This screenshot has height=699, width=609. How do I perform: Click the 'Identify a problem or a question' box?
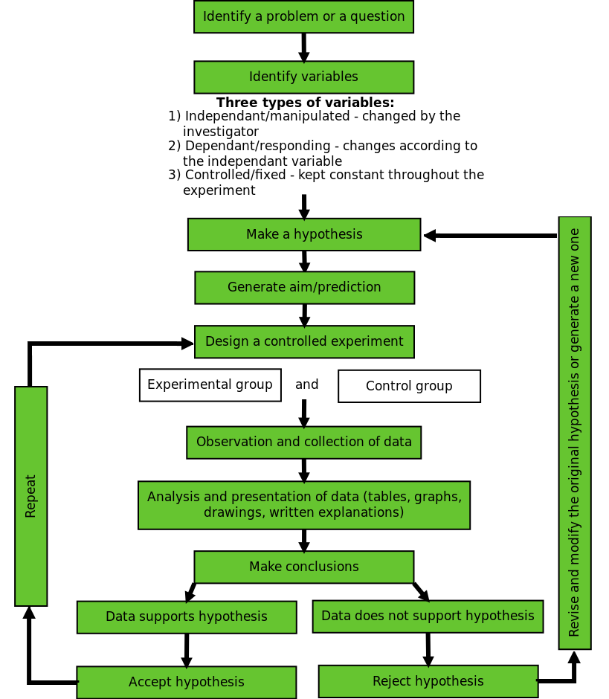point(303,17)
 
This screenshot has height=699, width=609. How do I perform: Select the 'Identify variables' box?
point(303,77)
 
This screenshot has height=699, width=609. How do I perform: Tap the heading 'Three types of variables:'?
point(305,103)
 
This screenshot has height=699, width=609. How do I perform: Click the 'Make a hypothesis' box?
point(303,234)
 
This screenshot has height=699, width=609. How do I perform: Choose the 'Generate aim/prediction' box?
point(304,288)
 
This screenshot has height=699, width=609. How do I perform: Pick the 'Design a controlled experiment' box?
point(304,342)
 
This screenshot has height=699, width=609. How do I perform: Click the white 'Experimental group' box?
point(210,385)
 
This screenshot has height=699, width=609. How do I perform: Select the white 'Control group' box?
point(409,387)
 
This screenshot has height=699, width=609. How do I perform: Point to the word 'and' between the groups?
point(306,385)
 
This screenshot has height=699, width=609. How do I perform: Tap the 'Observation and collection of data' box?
point(303,442)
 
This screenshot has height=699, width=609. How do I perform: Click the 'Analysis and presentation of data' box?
point(303,505)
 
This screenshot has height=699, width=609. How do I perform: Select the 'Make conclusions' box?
point(303,567)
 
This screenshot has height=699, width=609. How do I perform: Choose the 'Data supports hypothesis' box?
point(186,617)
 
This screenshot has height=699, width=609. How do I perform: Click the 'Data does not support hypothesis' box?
point(428,616)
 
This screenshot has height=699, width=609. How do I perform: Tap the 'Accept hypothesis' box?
point(186,682)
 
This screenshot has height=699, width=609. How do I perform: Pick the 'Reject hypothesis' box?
point(428,681)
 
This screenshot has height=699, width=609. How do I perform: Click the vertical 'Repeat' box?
point(30,496)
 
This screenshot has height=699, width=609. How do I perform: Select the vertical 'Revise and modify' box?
point(574,433)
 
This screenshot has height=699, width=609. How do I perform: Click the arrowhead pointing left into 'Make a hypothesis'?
point(430,236)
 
